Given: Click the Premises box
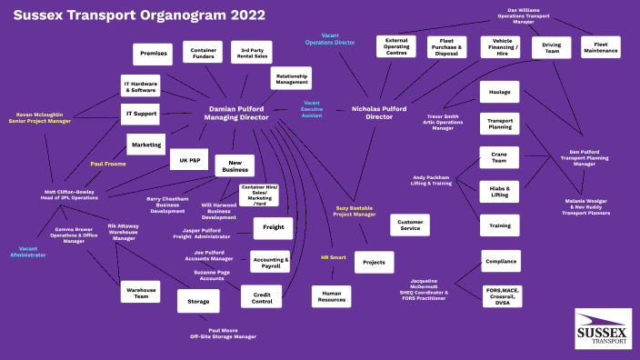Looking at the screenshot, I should click(x=152, y=55).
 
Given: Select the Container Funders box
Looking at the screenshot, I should click(x=203, y=53).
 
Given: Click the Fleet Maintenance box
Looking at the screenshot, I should click(x=600, y=47).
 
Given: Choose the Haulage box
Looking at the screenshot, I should click(x=499, y=92).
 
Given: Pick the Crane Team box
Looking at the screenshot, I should click(x=499, y=157).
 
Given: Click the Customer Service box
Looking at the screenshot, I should click(x=409, y=225).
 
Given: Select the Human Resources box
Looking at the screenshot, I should click(x=331, y=295).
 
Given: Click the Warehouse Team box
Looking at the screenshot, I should click(x=140, y=292).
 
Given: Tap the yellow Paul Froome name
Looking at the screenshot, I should click(x=108, y=164).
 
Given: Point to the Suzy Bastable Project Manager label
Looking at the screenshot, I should click(x=355, y=211).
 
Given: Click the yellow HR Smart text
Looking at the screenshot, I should click(x=334, y=257).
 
